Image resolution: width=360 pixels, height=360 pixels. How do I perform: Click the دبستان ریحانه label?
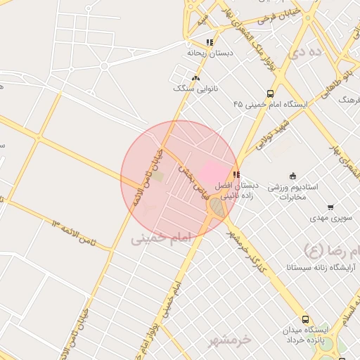click(210, 53)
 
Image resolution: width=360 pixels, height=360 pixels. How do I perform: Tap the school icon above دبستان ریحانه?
click(210, 43)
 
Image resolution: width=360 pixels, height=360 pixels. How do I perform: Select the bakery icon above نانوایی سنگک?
click(195, 79)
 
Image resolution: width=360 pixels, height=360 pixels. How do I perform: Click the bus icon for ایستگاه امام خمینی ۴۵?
click(271, 94)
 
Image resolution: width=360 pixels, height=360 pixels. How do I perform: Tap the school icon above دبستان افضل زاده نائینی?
click(236, 174)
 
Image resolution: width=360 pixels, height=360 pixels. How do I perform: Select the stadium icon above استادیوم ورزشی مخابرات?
click(292, 176)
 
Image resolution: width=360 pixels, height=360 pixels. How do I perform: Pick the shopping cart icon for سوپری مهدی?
click(330, 207)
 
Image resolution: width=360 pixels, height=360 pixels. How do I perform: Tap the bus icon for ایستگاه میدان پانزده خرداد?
click(305, 319)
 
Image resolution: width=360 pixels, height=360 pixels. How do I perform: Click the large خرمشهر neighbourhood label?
click(229, 340)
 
